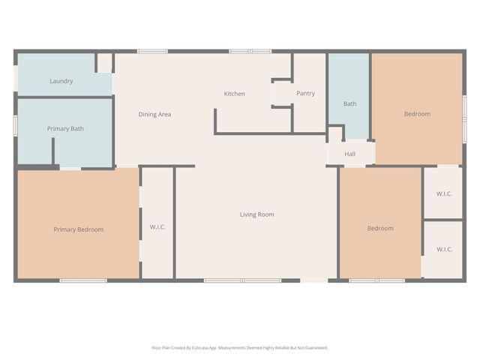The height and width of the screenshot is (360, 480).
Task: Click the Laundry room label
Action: (61, 81)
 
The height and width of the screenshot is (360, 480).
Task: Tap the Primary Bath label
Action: (65, 128)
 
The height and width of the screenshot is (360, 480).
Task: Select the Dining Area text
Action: (154, 114)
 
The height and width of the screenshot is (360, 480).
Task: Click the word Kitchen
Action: (234, 94)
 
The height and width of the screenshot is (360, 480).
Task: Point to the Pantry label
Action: (305, 93)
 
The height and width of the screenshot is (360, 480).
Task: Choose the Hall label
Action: (350, 154)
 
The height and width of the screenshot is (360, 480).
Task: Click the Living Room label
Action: (256, 214)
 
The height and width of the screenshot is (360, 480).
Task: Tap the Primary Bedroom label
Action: (78, 229)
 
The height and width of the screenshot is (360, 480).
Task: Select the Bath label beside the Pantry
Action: (350, 103)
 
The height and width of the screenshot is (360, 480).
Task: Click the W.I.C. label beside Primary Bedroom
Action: (157, 226)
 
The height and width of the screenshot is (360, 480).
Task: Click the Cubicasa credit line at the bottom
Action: (240, 348)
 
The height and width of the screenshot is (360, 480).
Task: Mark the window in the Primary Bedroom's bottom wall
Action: (83, 280)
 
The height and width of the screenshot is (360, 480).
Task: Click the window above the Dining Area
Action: (152, 52)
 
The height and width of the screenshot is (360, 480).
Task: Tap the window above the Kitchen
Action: (250, 52)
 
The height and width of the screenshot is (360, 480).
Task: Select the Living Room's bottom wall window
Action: (243, 280)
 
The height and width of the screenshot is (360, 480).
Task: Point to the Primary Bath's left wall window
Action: (15, 125)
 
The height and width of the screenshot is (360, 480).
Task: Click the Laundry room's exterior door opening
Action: (16, 78)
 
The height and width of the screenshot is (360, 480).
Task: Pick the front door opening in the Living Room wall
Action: (313, 280)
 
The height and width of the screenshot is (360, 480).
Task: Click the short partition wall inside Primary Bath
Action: (53, 151)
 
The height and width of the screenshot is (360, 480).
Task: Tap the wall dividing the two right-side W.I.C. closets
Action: (442, 220)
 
